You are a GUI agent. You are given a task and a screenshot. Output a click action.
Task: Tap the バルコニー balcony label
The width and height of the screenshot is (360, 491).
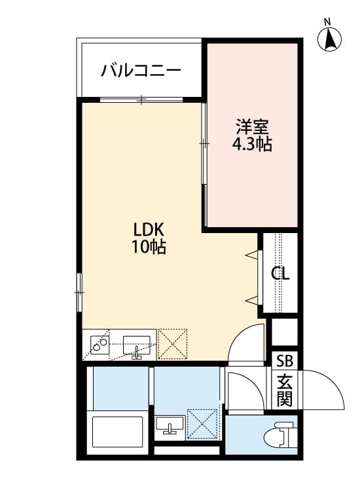click(x=141, y=71)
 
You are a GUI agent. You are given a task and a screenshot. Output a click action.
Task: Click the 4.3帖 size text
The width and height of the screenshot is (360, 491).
click(x=252, y=145)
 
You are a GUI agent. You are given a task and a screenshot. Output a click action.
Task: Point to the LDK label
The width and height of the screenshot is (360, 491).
click(x=152, y=230)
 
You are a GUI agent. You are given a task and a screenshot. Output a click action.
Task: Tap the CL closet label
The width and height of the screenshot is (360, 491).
click(x=281, y=273)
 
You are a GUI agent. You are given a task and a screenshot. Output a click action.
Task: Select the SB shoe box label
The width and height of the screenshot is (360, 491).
click(x=285, y=360)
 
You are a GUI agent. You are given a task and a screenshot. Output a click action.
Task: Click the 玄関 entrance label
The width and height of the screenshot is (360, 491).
click(x=284, y=390)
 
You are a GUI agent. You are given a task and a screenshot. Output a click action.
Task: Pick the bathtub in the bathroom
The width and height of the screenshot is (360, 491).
click(x=118, y=431)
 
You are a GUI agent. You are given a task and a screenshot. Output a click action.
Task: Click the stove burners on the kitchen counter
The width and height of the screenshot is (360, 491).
click(x=99, y=344)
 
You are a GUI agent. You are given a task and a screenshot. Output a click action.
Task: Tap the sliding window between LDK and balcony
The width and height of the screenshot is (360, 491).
click(x=141, y=100)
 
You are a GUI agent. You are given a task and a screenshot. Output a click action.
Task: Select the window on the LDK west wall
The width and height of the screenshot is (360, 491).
click(x=79, y=291)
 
